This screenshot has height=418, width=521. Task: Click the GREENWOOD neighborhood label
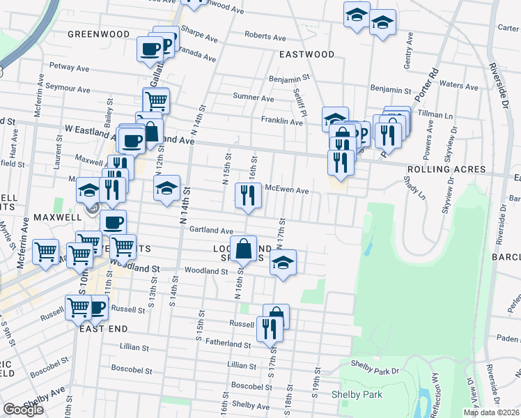point(98,34)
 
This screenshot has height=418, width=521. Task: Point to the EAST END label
point(102,328)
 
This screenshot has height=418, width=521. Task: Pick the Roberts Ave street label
point(265,37)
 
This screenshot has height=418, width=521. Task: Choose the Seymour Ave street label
point(68,89)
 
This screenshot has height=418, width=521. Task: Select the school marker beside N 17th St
point(282,263)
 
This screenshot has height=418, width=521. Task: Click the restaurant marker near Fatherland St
point(269,328)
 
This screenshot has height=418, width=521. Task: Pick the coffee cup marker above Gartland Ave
point(113,223)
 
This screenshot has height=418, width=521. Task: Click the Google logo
point(23,410)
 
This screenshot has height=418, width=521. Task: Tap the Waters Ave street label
point(458,86)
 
